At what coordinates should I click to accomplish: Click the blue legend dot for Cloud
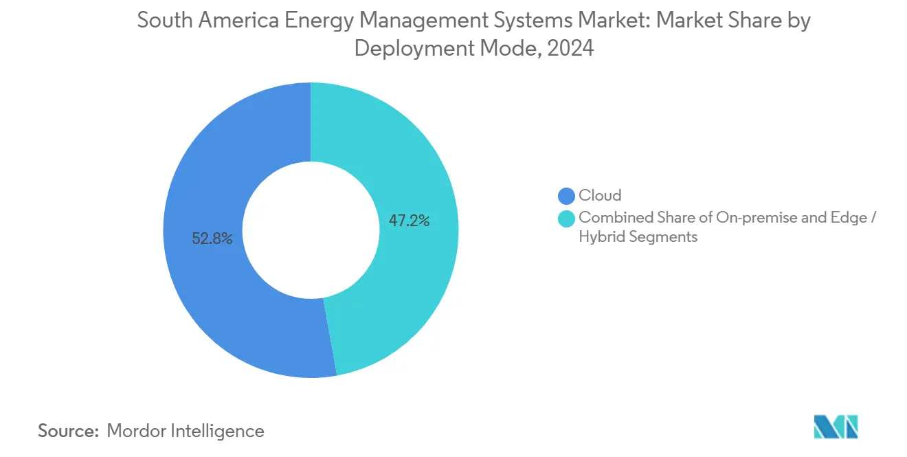click(x=567, y=196)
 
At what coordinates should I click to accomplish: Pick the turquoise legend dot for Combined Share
click(x=567, y=218)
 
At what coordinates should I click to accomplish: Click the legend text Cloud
click(x=600, y=196)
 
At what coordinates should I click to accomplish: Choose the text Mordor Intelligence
click(x=186, y=431)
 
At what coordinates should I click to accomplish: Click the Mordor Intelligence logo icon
click(x=836, y=427)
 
